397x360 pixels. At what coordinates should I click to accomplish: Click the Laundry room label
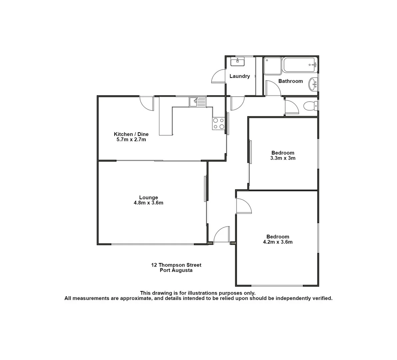(239, 76)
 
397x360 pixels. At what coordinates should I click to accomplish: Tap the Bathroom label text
(290, 81)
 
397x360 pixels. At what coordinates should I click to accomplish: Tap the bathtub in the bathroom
(299, 65)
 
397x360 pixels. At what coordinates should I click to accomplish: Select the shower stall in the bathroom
(273, 66)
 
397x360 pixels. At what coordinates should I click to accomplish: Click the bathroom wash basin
(313, 84)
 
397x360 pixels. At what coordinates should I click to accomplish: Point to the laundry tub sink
(237, 62)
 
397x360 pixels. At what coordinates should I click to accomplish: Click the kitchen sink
(198, 102)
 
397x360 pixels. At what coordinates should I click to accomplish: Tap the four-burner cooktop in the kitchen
(218, 123)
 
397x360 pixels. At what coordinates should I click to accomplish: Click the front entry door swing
(222, 235)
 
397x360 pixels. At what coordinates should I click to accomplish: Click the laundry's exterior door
(219, 76)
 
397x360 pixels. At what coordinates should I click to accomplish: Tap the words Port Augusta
(176, 270)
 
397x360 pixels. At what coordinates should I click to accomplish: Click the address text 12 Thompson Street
(176, 265)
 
